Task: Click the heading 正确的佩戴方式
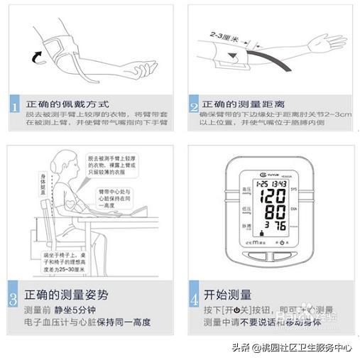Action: point(65,104)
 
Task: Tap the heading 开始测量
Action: point(228,293)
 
